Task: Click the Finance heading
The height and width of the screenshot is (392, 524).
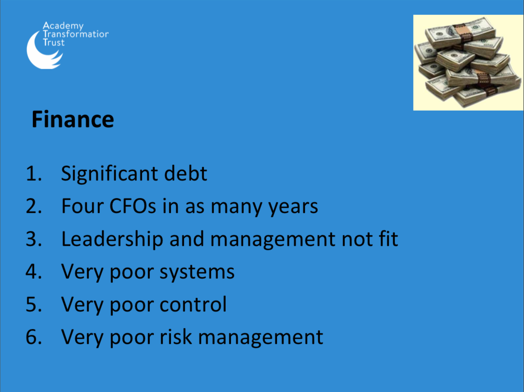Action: pos(73,119)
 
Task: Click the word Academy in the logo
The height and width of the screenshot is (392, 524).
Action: pos(63,26)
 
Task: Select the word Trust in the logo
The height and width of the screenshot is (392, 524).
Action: pos(53,42)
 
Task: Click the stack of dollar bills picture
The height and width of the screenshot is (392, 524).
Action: pos(468,62)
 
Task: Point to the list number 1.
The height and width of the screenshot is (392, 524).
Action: pos(34,173)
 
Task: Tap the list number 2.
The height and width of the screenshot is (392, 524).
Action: pos(34,206)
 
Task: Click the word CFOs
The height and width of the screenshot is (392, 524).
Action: pos(133,206)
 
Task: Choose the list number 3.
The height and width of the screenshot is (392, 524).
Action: pos(34,239)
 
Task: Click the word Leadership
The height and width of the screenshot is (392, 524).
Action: pos(112,239)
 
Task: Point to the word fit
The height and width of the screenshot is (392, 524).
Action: pos(389,239)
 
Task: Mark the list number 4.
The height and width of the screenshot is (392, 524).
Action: pos(34,271)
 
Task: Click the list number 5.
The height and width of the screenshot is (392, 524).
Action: pos(34,304)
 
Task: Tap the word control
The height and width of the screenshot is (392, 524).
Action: pos(193,304)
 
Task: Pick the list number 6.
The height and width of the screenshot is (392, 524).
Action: pos(34,336)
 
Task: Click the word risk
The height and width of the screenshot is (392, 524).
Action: pos(176,336)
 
